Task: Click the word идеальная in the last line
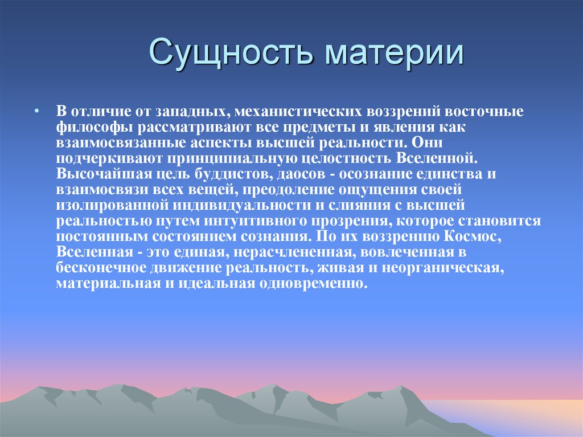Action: pyautogui.click(x=214, y=284)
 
